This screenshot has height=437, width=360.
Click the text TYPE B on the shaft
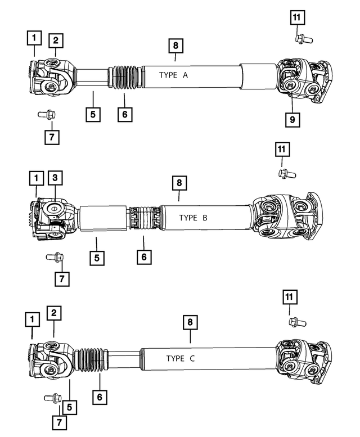click(x=193, y=217)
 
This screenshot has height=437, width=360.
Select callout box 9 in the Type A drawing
click(x=293, y=119)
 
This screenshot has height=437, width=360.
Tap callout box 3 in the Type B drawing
click(x=55, y=178)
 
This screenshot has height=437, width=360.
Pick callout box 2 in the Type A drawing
click(x=55, y=40)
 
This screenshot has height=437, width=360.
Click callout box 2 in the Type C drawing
click(x=54, y=313)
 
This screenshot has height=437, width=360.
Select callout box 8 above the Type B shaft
click(x=179, y=183)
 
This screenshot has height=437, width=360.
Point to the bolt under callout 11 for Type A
click(x=300, y=39)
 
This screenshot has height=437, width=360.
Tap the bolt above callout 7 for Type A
click(x=45, y=114)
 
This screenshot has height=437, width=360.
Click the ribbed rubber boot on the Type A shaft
click(x=124, y=78)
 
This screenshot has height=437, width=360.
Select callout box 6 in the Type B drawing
click(x=143, y=257)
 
